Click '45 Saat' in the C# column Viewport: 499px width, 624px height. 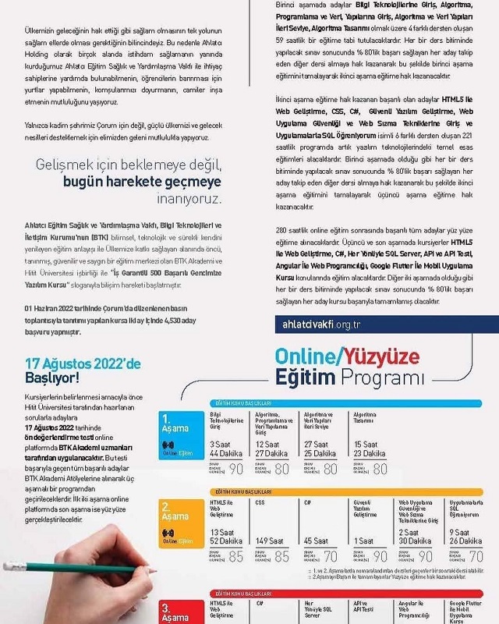click(x=316, y=541)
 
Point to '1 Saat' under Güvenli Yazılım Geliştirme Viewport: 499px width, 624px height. click(x=363, y=541)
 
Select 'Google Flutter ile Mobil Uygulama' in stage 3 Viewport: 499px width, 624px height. click(x=466, y=611)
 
